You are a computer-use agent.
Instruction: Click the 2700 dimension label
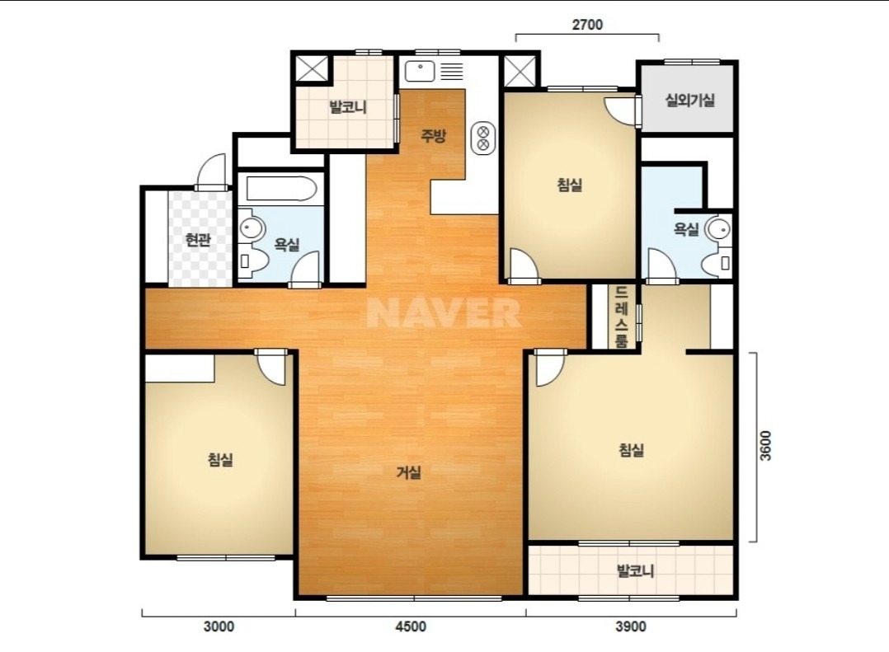(x=587, y=25)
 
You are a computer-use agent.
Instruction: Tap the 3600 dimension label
(x=765, y=446)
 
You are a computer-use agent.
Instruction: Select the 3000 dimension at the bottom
(x=219, y=626)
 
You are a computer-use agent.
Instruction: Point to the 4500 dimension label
(x=411, y=626)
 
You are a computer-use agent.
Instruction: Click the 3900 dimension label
(x=631, y=626)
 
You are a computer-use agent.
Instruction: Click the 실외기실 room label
(x=689, y=101)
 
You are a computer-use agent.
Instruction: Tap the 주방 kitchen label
(x=434, y=135)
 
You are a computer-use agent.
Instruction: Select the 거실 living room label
(x=409, y=471)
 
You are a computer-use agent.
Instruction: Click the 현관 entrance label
(x=198, y=240)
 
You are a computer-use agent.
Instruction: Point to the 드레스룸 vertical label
(x=622, y=317)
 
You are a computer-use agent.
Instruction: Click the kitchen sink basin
(x=420, y=71)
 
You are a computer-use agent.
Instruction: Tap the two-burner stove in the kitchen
(x=483, y=138)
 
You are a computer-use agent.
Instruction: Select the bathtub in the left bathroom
(x=281, y=189)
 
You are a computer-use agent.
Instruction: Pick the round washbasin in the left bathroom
(x=250, y=227)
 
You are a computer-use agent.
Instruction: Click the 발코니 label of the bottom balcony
(x=635, y=570)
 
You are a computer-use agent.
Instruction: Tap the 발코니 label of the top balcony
(x=347, y=106)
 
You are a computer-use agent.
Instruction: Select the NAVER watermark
(x=444, y=312)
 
